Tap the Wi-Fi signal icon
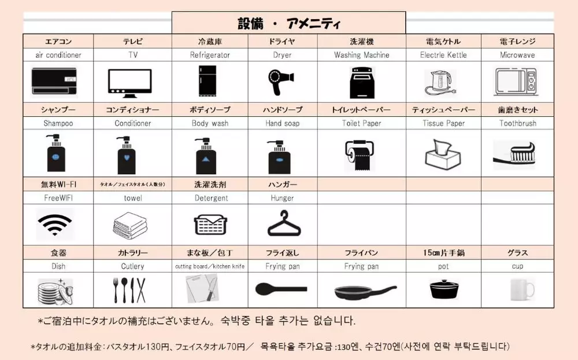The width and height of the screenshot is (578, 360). pos(55,224)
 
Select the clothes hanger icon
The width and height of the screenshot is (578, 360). pos(284,223)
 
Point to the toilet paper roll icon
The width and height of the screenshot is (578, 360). pos(360,155)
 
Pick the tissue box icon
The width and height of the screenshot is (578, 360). pos(443,154)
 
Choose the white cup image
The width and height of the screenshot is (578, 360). pos(522,290)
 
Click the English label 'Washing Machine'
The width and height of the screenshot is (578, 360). pos(362,55)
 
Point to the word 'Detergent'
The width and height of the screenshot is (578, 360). pos(211,198)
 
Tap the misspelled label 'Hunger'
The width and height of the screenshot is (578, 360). pos(283,198)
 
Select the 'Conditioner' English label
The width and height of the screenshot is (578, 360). pos(133,123)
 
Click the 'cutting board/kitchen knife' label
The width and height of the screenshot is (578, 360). pos(210,266)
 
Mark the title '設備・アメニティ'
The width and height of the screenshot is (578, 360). pos(289,24)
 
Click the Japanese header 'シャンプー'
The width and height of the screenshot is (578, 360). pos(58,110)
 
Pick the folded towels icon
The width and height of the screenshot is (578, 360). pos(130,224)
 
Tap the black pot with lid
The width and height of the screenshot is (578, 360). pos(444,290)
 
